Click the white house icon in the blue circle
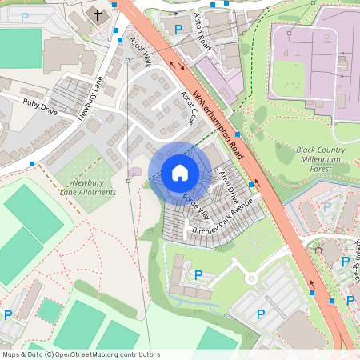tap(180, 173)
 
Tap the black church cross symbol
tap(98, 14)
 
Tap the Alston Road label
tap(203, 31)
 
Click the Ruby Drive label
tap(40, 106)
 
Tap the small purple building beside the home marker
tap(133, 170)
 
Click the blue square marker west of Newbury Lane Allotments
tap(32, 163)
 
